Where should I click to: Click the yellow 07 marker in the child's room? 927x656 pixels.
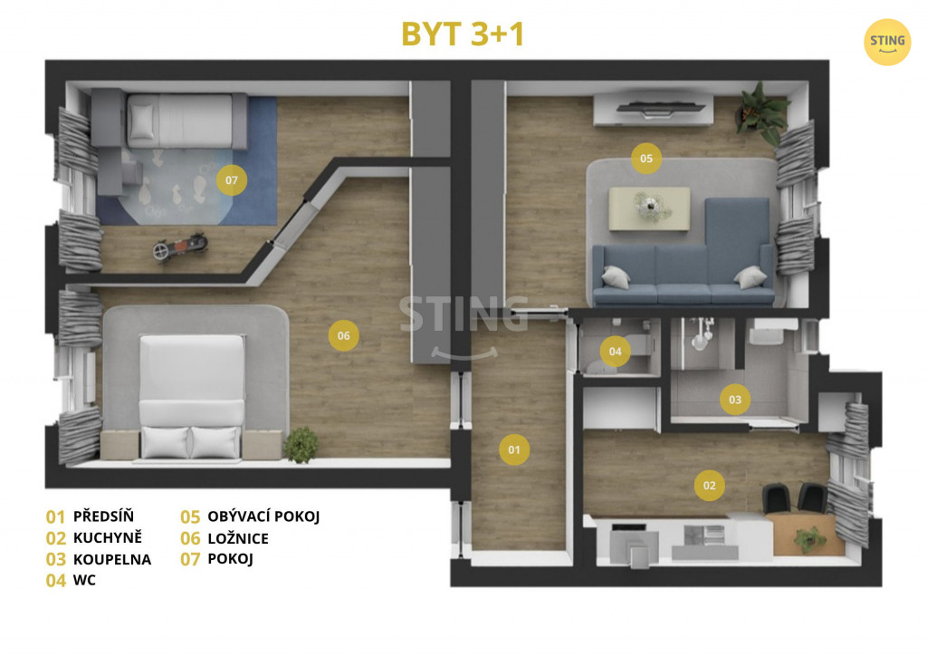pyautogui.click(x=232, y=179)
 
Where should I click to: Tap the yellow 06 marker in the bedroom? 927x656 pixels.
pyautogui.click(x=343, y=335)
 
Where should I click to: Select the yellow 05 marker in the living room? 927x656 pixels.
pyautogui.click(x=646, y=158)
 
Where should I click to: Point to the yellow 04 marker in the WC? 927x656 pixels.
pyautogui.click(x=616, y=352)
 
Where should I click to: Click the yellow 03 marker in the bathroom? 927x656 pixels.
pyautogui.click(x=735, y=400)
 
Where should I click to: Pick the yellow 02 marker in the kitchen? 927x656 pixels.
pyautogui.click(x=710, y=485)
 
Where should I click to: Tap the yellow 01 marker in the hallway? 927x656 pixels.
pyautogui.click(x=514, y=449)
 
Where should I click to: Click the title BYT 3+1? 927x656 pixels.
pyautogui.click(x=463, y=34)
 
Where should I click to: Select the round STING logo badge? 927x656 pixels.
pyautogui.click(x=887, y=42)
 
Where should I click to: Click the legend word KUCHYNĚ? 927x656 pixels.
pyautogui.click(x=108, y=537)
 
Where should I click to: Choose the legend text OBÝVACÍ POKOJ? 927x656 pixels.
pyautogui.click(x=263, y=516)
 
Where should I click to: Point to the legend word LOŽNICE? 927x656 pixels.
pyautogui.click(x=238, y=538)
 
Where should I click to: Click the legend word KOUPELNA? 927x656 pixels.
pyautogui.click(x=112, y=559)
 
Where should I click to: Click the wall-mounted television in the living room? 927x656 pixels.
pyautogui.click(x=660, y=108)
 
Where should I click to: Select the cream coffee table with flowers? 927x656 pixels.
pyautogui.click(x=649, y=208)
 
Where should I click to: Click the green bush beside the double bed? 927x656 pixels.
pyautogui.click(x=301, y=445)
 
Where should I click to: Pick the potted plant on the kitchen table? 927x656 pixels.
pyautogui.click(x=809, y=539)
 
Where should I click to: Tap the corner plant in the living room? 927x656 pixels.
pyautogui.click(x=762, y=112)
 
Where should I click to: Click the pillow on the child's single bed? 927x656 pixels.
pyautogui.click(x=142, y=121)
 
